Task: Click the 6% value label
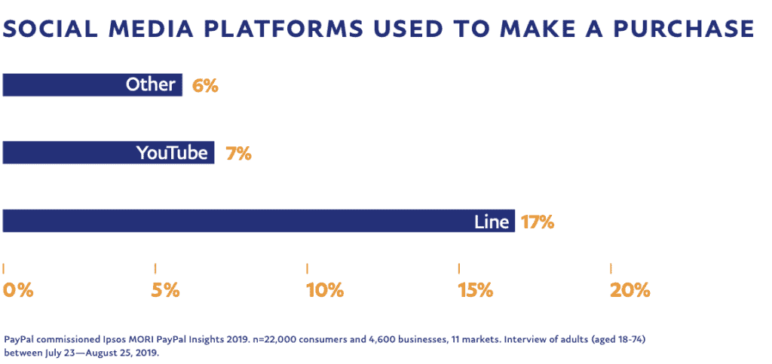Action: (205, 85)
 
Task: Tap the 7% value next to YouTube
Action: (238, 154)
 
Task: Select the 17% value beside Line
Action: (538, 222)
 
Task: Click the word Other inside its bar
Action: (151, 84)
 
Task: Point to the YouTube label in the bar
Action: (172, 153)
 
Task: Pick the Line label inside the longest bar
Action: (492, 222)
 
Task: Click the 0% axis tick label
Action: (18, 290)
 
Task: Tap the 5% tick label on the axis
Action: (165, 290)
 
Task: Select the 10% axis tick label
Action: (325, 290)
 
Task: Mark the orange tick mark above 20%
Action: (611, 268)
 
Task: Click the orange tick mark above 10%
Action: (308, 268)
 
